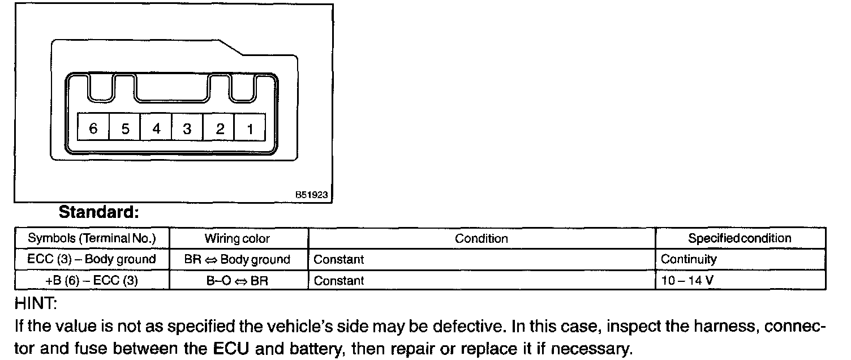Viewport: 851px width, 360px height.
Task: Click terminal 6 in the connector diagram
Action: tap(93, 128)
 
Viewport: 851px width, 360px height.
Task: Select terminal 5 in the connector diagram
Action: tap(125, 128)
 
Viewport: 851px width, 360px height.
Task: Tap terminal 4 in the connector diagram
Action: tap(156, 128)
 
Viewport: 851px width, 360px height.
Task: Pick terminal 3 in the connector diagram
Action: tap(187, 128)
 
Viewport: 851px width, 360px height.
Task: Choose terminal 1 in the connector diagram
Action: tap(250, 128)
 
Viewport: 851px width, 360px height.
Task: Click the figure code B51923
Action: tap(311, 194)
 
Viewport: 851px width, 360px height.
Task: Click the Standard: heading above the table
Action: tap(99, 213)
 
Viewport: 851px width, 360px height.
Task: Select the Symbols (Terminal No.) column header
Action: tap(91, 238)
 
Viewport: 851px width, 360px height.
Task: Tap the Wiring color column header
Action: tap(237, 238)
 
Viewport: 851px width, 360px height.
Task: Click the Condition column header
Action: tap(482, 238)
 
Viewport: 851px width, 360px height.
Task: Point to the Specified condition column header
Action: tap(740, 238)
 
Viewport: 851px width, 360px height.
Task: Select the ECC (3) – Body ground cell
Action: tap(91, 259)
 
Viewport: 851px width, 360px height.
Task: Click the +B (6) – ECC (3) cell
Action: tap(91, 280)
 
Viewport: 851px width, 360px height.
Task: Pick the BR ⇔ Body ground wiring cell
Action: tap(237, 259)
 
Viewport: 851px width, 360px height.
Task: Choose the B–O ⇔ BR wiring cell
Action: tap(237, 280)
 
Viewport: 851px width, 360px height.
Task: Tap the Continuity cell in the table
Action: tap(689, 259)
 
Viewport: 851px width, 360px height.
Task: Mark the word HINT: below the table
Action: tap(35, 305)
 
